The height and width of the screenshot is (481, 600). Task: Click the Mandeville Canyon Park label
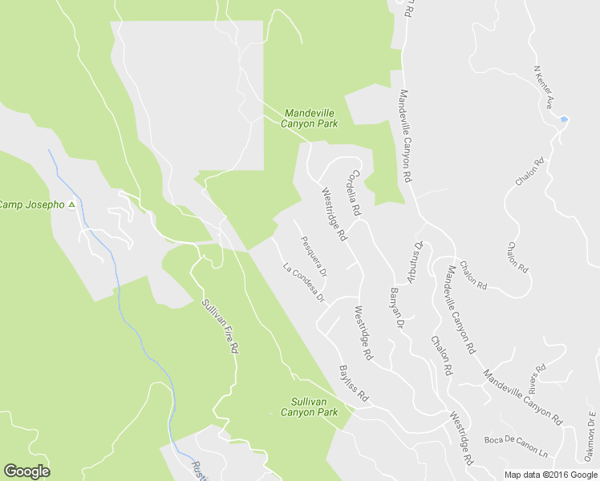point(309,119)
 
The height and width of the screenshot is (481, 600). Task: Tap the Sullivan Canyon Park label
point(309,406)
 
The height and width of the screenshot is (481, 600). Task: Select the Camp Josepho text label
point(30,204)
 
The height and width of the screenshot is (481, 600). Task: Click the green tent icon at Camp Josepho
point(71,204)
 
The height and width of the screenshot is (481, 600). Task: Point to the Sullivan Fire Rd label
point(220,327)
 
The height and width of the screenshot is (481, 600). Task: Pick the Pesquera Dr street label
point(314,256)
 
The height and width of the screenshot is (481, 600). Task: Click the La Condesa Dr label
point(303,283)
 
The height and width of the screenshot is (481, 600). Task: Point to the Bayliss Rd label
point(353,384)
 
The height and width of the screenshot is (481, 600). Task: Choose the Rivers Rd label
point(537,374)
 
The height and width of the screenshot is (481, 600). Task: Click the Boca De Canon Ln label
point(515,446)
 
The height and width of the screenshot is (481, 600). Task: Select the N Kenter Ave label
point(545,87)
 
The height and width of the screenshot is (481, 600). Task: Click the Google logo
point(26,471)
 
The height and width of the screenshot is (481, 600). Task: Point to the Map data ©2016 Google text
point(551,475)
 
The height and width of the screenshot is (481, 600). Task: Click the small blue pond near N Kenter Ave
point(564,119)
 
